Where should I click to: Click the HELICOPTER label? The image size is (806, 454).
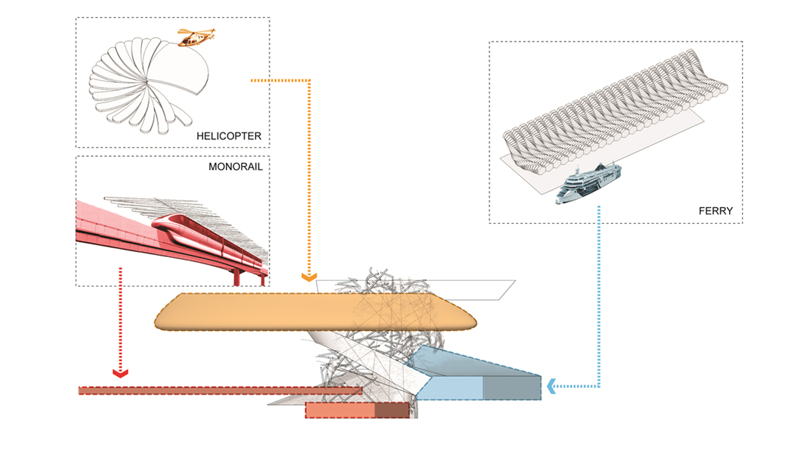coord(229,136)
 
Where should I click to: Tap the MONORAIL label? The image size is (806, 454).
coord(236,167)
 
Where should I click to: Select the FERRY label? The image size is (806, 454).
coord(715,211)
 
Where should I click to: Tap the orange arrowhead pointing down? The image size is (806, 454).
coord(309,277)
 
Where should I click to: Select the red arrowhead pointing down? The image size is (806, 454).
coord(120,373)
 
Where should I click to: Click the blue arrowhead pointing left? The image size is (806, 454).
coord(552,386)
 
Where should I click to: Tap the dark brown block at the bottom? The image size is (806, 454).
coord(392,410)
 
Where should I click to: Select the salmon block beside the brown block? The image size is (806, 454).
coord(340,410)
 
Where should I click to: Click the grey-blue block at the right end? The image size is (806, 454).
coord(512,388)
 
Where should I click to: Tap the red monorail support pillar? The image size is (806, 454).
coord(237,277)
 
